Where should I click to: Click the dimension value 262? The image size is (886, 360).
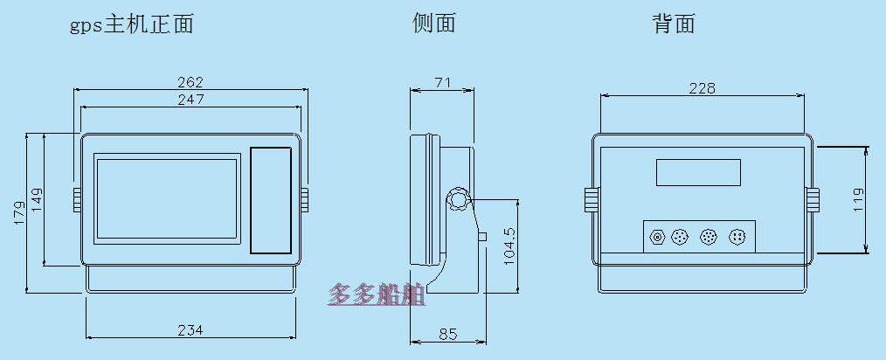click(x=190, y=82)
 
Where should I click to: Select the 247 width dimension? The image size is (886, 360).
click(x=190, y=100)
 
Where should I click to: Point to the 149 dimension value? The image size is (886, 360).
click(x=37, y=200)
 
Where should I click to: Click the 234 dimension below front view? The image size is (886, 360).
click(x=190, y=329)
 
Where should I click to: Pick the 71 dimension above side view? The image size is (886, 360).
click(x=442, y=83)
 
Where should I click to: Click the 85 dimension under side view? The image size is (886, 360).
click(x=447, y=333)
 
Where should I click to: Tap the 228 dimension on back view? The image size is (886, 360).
click(x=702, y=88)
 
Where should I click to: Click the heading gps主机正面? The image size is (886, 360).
click(x=131, y=24)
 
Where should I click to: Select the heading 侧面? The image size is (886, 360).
click(x=434, y=24)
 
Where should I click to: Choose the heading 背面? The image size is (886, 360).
click(x=673, y=24)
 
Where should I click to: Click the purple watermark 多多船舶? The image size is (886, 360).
click(x=377, y=295)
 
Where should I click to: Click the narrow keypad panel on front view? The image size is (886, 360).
click(x=271, y=200)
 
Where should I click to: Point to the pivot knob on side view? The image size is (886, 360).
click(x=459, y=200)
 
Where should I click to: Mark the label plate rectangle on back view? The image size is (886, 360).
click(x=699, y=172)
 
